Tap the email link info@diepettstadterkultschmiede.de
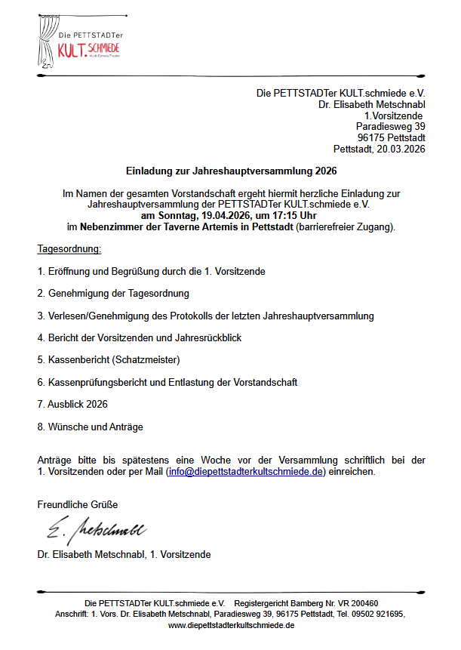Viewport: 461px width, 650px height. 246,472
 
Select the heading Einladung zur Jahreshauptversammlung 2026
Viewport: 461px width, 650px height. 231,171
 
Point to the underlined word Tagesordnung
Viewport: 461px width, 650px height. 69,248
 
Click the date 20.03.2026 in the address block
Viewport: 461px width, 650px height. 400,149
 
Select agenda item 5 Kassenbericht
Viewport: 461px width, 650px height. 109,359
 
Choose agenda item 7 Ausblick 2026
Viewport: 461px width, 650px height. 72,405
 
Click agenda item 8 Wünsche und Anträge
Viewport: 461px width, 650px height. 90,427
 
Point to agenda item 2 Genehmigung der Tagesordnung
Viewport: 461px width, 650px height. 113,293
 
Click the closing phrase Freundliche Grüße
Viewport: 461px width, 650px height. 78,504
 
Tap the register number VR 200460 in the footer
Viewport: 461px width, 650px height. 357,603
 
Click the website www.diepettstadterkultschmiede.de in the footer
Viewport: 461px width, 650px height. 231,626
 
